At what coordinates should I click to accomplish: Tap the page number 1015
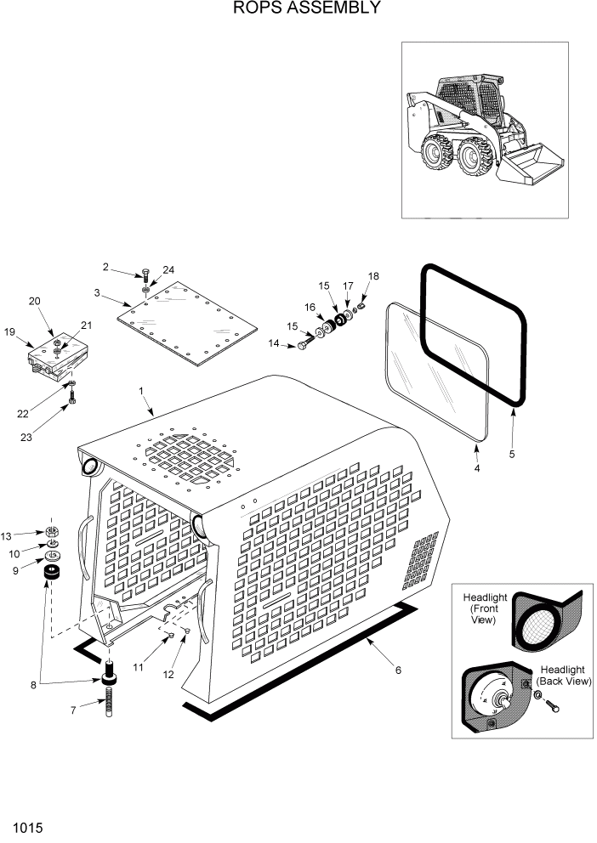click(28, 827)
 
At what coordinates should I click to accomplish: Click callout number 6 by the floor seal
click(397, 670)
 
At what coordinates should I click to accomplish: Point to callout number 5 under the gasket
click(512, 455)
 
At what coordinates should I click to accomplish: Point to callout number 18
click(372, 276)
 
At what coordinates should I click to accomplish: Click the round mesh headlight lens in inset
click(542, 625)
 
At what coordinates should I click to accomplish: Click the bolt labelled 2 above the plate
click(146, 274)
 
